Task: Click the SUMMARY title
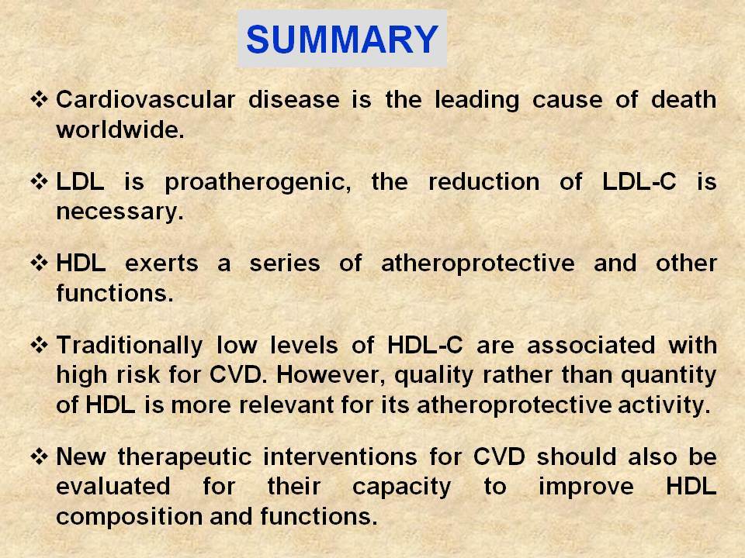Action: point(342,39)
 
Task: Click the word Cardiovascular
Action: point(145,100)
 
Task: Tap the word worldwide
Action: point(120,129)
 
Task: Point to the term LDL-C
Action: point(639,181)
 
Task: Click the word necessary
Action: point(120,212)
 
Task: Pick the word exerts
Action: point(161,263)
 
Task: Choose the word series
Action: point(285,263)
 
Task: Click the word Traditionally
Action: point(130,346)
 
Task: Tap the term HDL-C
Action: point(424,345)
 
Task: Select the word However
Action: point(331,376)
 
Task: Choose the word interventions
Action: point(340,457)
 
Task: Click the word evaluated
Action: point(113,487)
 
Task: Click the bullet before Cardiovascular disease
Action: point(39,100)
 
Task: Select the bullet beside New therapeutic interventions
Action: point(39,457)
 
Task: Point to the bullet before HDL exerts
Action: point(39,263)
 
